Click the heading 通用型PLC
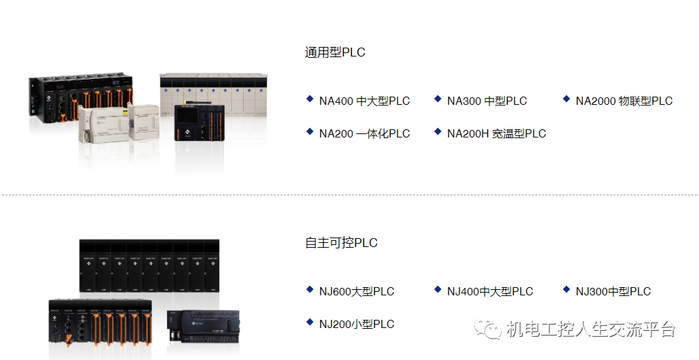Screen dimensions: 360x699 [335, 52]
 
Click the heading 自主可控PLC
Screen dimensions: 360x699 [341, 243]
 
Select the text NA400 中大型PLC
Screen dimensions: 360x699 [364, 101]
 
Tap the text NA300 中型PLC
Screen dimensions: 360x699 [487, 101]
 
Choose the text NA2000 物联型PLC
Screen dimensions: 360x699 [623, 101]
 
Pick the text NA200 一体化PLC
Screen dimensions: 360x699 [364, 133]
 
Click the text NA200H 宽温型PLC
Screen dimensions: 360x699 [496, 133]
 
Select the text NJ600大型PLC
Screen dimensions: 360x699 [357, 292]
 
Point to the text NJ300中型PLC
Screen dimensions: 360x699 [613, 292]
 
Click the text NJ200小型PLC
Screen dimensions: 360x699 [357, 324]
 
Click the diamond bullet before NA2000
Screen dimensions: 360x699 [566, 99]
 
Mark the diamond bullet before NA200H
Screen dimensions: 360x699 [438, 131]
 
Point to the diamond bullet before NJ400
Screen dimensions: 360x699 [438, 290]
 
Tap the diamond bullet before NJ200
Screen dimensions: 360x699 [310, 322]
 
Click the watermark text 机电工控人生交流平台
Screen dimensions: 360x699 [591, 330]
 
